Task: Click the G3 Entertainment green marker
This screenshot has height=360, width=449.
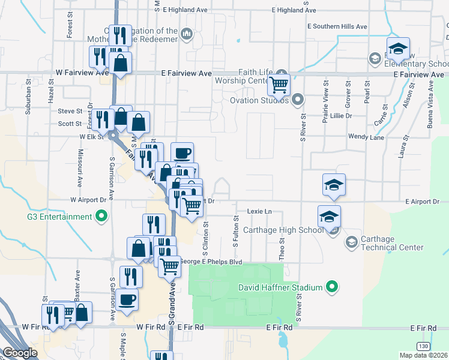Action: [101, 216]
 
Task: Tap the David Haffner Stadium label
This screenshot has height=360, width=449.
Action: [280, 288]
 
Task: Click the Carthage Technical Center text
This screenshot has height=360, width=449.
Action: [393, 243]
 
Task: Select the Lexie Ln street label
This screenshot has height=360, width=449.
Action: [259, 212]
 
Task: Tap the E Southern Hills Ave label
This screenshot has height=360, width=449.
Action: [337, 27]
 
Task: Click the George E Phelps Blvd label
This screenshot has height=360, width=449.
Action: [212, 262]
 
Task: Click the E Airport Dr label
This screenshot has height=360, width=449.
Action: [422, 202]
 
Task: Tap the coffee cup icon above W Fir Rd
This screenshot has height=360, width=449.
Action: [128, 299]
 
